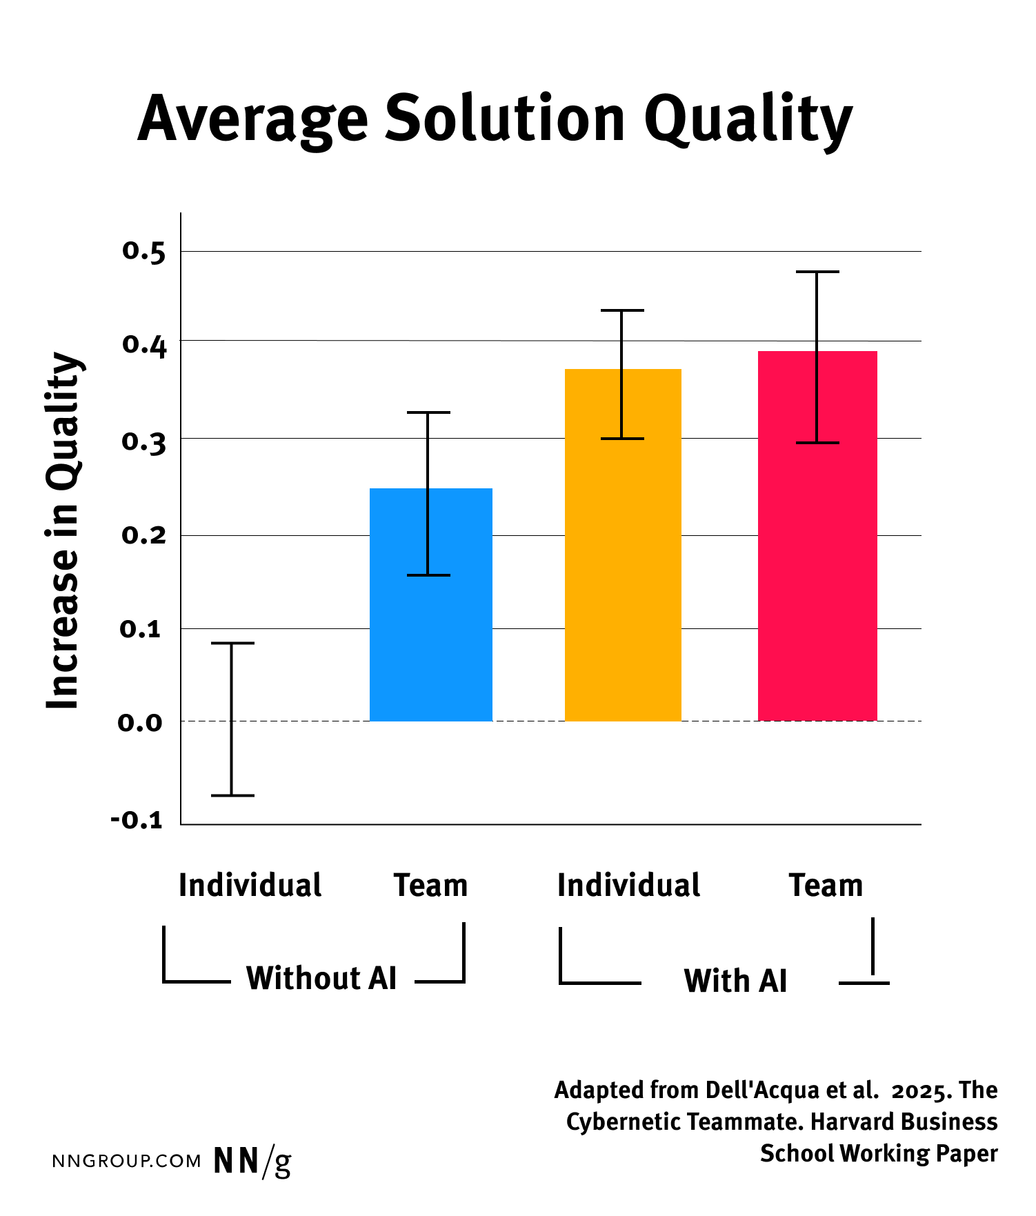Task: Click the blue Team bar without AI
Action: (430, 621)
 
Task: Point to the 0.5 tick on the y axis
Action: (144, 252)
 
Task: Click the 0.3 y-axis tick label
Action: (144, 441)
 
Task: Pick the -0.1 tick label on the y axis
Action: (137, 820)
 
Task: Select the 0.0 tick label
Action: (141, 723)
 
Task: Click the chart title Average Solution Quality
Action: (495, 119)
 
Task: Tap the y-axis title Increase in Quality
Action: (63, 531)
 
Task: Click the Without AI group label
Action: (321, 978)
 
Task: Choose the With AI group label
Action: (735, 981)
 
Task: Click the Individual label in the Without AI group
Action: (250, 886)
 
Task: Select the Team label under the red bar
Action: (826, 886)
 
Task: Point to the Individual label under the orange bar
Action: (628, 886)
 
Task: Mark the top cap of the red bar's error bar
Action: (817, 272)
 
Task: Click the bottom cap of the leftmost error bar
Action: (232, 795)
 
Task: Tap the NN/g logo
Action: (252, 1161)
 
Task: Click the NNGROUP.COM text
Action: (127, 1162)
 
